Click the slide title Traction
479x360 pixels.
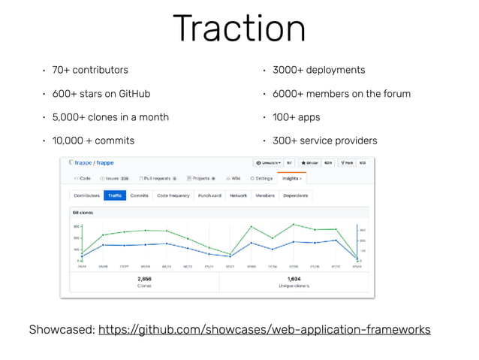pyautogui.click(x=239, y=29)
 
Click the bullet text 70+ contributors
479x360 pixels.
pyautogui.click(x=90, y=70)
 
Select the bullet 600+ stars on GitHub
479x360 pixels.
pyautogui.click(x=101, y=94)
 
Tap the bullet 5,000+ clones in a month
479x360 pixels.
pyautogui.click(x=110, y=117)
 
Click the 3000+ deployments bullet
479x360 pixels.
pyautogui.click(x=318, y=70)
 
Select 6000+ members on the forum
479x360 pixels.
pyautogui.click(x=341, y=94)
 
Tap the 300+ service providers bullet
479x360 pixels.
pyautogui.click(x=324, y=141)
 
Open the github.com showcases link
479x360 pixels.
pyautogui.click(x=264, y=329)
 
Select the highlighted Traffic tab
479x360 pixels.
pyautogui.click(x=115, y=195)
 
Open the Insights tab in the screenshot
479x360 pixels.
pyautogui.click(x=289, y=179)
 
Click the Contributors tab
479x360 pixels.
pyautogui.click(x=87, y=195)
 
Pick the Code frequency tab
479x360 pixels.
pyautogui.click(x=173, y=195)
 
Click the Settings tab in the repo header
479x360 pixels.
pyautogui.click(x=262, y=179)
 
